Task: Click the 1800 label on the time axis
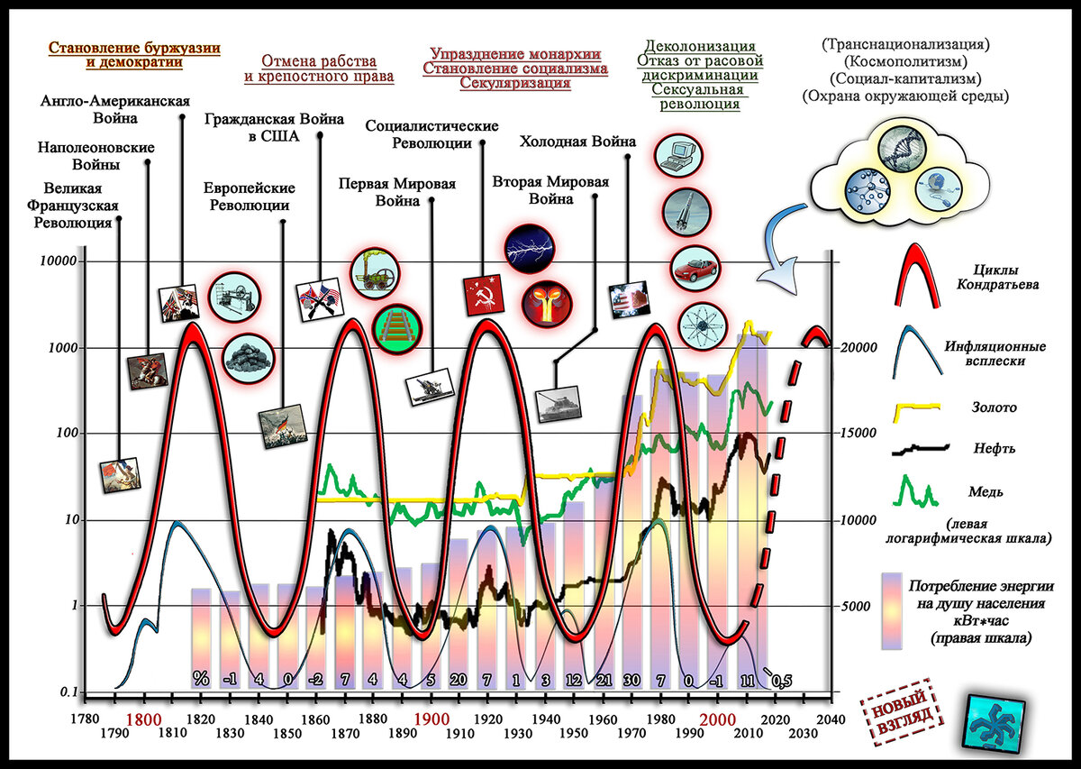coord(144,720)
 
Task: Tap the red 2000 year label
coord(722,720)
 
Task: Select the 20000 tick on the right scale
coord(859,348)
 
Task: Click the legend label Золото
coord(994,407)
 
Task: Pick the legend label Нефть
coord(995,448)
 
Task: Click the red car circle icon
coord(694,268)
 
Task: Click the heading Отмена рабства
coord(319,61)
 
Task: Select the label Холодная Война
coord(577,142)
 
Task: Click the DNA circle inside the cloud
coord(901,149)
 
